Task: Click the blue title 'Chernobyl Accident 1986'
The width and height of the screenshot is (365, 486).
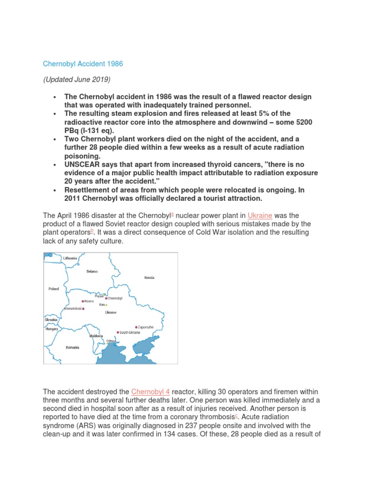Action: (83, 64)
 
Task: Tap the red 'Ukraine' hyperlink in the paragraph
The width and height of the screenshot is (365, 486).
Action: (260, 215)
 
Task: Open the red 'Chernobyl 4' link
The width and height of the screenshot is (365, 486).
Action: (150, 392)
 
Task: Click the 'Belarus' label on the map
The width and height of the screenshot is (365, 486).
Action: (92, 271)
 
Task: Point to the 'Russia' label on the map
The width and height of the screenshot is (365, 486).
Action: (149, 278)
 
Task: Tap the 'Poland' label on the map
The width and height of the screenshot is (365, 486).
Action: (54, 288)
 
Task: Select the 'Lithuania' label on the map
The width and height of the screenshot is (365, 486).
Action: (69, 258)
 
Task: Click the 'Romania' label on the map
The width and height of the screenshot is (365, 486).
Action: (73, 347)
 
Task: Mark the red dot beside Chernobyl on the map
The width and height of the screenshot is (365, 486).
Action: (106, 298)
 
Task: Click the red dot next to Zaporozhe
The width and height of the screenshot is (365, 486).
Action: (136, 327)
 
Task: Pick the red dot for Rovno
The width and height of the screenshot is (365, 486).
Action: (83, 301)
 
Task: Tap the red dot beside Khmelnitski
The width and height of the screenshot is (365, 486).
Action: (83, 308)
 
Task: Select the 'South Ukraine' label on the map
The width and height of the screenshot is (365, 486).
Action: (130, 332)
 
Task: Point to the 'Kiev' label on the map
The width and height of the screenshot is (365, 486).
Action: (102, 305)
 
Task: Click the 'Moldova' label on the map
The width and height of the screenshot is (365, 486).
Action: (96, 336)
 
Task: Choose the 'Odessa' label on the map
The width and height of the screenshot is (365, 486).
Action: (111, 341)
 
